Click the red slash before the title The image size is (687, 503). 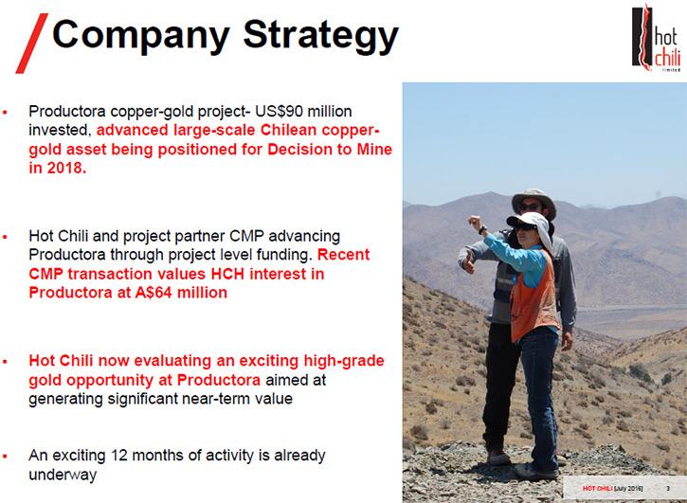pyautogui.click(x=31, y=43)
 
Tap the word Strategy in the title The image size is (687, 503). pyautogui.click(x=320, y=35)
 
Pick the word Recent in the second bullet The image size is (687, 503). pyautogui.click(x=343, y=255)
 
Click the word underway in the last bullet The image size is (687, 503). pyautogui.click(x=63, y=475)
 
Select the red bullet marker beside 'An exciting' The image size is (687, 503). pyautogui.click(x=5, y=457)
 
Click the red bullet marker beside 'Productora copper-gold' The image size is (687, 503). pyautogui.click(x=5, y=112)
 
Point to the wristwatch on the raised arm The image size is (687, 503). pyautogui.click(x=482, y=229)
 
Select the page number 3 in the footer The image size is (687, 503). pyautogui.click(x=668, y=489)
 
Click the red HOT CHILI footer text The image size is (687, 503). pyautogui.click(x=598, y=489)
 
